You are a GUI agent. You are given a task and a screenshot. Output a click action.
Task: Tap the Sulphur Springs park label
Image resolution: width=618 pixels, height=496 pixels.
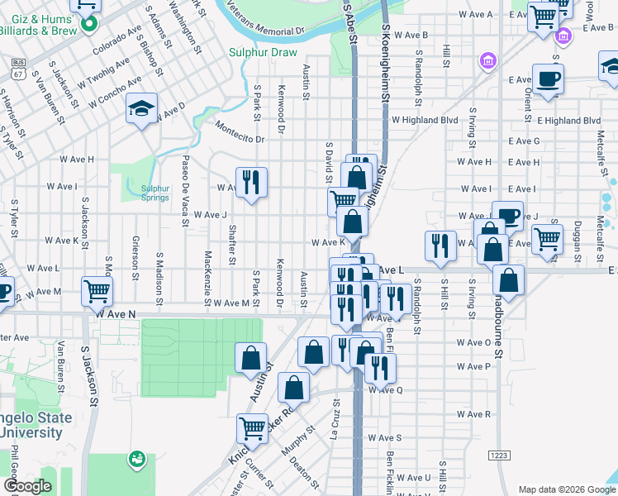coord(154,193)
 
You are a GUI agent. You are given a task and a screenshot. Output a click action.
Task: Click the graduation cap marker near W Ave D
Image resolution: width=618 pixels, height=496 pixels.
coord(141,108)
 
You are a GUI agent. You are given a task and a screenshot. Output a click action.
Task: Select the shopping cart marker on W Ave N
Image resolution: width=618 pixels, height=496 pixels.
coord(97,291)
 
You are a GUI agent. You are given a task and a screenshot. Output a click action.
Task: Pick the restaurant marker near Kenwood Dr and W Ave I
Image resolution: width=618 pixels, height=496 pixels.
coord(252,183)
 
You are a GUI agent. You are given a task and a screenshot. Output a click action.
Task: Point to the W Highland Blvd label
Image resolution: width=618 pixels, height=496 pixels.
coord(425,120)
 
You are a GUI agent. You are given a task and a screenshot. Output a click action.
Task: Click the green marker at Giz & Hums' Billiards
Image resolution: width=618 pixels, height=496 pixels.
coord(88,25)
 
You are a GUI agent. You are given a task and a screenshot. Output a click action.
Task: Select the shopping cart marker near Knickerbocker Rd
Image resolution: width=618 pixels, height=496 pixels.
coord(252,428)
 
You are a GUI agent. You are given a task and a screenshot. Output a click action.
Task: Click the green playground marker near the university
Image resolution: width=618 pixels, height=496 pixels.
coord(137,458)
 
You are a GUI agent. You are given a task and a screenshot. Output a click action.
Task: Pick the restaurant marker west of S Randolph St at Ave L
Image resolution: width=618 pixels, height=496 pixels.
coord(439,246)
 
